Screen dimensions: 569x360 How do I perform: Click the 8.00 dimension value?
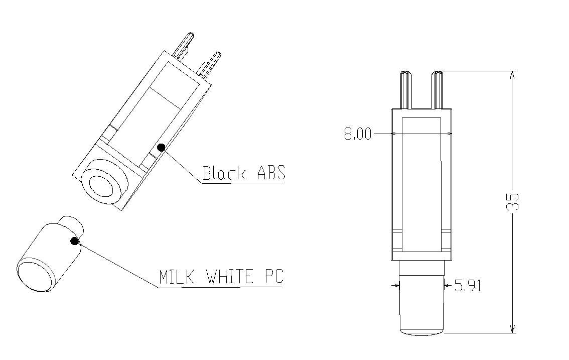[358, 134]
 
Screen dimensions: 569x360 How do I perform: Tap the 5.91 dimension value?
[468, 286]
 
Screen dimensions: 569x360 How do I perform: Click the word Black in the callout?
[224, 173]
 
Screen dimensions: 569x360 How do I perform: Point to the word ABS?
[271, 173]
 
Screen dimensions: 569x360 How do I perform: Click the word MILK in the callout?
[177, 277]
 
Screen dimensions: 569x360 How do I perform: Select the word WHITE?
[229, 277]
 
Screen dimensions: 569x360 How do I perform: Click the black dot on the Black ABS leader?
[161, 147]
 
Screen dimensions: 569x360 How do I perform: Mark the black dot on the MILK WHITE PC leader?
[74, 241]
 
